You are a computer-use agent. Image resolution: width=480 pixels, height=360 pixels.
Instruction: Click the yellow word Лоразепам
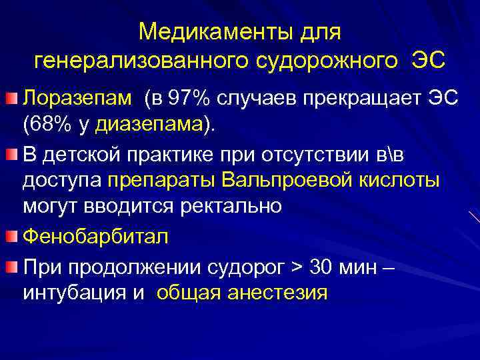[78, 99]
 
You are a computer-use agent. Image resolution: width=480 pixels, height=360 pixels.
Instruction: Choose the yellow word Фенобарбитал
[95, 237]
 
